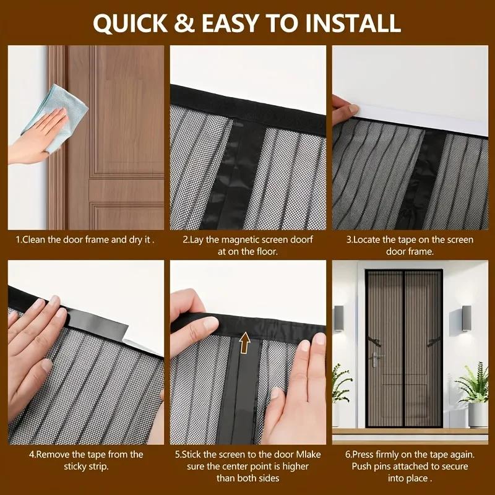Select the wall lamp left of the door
pyautogui.click(x=339, y=319)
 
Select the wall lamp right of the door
pyautogui.click(x=466, y=319)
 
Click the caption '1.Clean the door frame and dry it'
pyautogui.click(x=85, y=239)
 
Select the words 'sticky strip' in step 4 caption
pyautogui.click(x=85, y=467)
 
